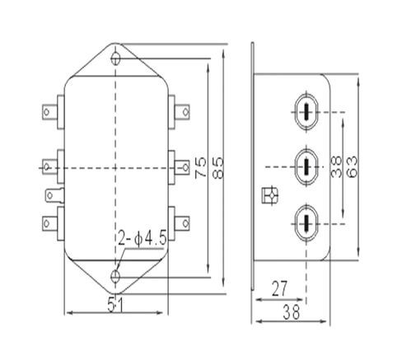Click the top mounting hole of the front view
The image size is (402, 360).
tap(117, 58)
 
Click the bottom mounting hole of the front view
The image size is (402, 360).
tap(117, 274)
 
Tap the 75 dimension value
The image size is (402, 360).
tap(200, 168)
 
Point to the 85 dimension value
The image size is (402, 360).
tap(218, 168)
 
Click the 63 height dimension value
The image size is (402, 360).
tap(352, 168)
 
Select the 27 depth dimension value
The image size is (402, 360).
tap(280, 288)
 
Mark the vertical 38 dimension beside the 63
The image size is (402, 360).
tap(334, 168)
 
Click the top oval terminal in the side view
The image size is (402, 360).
tap(305, 114)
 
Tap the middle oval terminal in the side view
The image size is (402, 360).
tap(305, 167)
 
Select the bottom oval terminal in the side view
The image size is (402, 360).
tap(305, 220)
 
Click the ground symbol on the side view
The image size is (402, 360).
tap(268, 195)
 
